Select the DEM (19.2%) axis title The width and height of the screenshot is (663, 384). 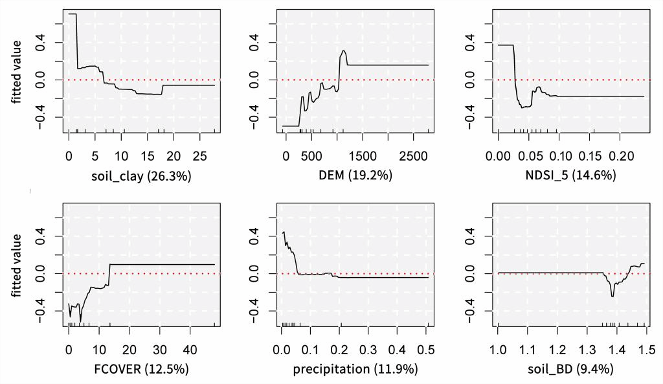pos(355,175)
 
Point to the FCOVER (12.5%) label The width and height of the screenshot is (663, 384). pos(141,369)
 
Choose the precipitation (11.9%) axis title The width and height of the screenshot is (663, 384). pos(355,369)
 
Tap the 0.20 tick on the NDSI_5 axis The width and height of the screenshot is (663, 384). pos(620,156)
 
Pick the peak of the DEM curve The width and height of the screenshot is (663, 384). pos(344,51)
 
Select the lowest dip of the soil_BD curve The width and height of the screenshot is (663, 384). pos(612,297)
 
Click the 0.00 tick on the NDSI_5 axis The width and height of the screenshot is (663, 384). pos(499,156)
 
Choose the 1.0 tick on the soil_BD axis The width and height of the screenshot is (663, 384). pos(498,350)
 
